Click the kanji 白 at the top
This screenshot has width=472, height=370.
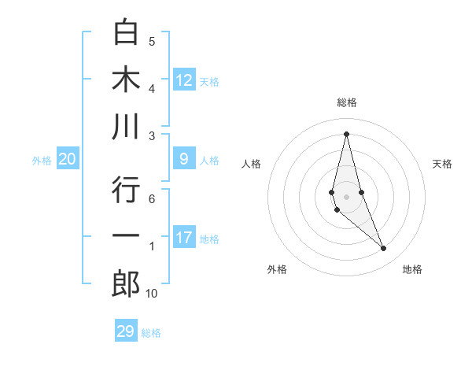[x=126, y=32]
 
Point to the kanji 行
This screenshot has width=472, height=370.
[x=126, y=190]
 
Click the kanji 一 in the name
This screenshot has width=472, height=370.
[x=126, y=237]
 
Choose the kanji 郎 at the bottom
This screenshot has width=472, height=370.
[x=126, y=284]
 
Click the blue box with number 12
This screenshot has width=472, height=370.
[x=184, y=80]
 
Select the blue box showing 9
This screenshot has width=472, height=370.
[x=184, y=160]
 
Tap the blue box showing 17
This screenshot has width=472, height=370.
[x=184, y=238]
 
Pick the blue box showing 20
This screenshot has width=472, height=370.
[x=67, y=160]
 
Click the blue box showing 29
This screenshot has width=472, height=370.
[x=125, y=331]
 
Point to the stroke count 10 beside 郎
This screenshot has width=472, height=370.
[x=151, y=294]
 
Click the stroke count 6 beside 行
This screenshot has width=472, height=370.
[x=152, y=198]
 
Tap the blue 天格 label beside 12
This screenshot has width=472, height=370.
[x=209, y=81]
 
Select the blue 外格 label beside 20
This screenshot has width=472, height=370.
[x=42, y=161]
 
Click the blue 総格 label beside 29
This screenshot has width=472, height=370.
[x=151, y=333]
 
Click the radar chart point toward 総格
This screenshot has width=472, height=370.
[x=346, y=133]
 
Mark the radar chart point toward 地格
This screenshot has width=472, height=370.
[x=384, y=249]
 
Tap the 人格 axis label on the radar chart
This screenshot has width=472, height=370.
[x=252, y=164]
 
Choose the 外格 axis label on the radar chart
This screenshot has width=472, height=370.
[x=277, y=269]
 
